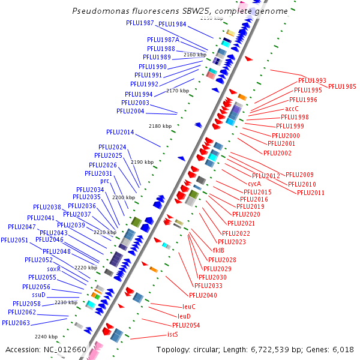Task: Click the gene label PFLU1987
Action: point(140,23)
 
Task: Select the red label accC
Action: point(292,109)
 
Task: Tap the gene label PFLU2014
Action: point(120,132)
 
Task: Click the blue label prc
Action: point(104,181)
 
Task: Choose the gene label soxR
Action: point(54,269)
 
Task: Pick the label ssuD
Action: point(38,295)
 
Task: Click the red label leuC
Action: point(189,307)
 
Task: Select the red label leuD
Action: point(184,316)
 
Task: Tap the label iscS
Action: point(172,334)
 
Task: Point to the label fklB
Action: point(218,250)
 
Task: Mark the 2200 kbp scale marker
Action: point(124,197)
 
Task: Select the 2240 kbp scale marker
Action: point(46,337)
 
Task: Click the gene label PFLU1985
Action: point(342,86)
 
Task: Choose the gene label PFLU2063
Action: point(16,323)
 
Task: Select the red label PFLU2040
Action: point(203,295)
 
